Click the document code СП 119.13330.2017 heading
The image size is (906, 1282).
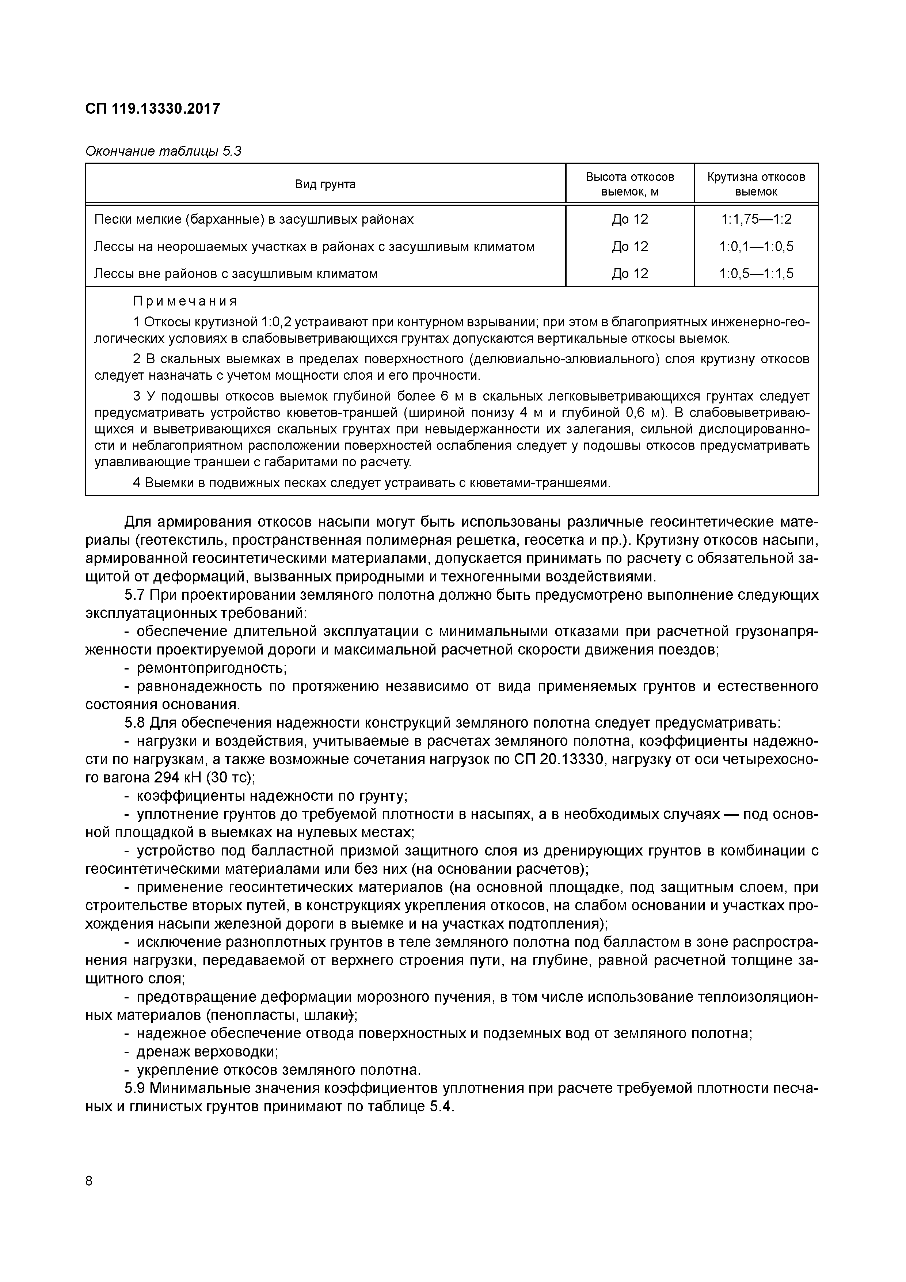click(x=152, y=108)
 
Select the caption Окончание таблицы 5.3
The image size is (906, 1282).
click(x=163, y=151)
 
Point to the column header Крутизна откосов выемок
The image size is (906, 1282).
click(x=756, y=184)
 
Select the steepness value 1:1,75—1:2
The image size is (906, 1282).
click(x=756, y=219)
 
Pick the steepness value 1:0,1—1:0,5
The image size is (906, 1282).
click(x=756, y=246)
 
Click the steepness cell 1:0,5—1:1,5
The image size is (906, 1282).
click(x=756, y=274)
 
